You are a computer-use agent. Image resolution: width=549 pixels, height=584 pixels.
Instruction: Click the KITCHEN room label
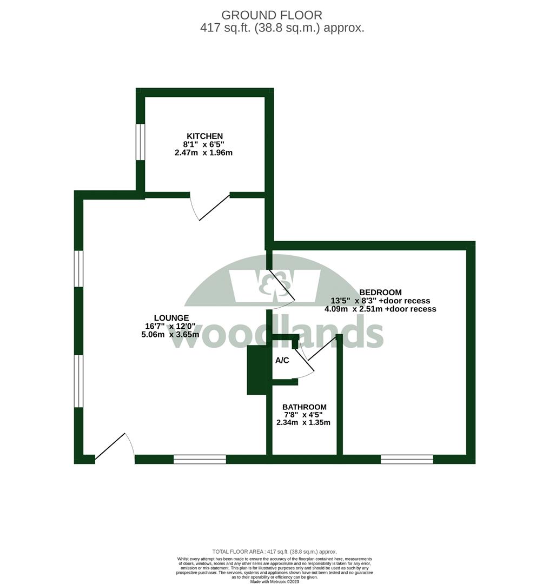(x=204, y=136)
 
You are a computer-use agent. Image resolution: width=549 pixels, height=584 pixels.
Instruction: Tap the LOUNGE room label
(x=171, y=318)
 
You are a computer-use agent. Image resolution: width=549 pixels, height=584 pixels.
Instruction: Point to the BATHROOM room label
(x=304, y=407)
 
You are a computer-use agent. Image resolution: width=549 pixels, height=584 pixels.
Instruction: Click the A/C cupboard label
(x=282, y=360)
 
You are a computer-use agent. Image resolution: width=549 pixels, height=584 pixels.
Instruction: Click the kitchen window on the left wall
(x=140, y=142)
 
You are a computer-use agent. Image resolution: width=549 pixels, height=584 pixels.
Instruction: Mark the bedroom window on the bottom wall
(x=407, y=460)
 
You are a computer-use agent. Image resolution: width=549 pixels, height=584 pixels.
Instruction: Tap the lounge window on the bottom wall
(x=200, y=460)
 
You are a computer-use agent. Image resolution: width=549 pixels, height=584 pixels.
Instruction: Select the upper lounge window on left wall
(x=79, y=268)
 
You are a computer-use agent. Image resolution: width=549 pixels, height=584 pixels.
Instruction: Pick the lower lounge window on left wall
(x=79, y=381)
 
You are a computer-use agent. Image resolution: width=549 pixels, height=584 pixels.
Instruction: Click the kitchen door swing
(x=211, y=208)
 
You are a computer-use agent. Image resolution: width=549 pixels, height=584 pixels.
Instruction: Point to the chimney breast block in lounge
(x=257, y=370)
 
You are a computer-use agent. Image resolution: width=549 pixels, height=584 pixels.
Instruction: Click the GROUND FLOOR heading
(x=272, y=15)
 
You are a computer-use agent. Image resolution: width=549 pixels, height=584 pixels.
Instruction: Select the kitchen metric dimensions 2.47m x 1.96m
(x=203, y=153)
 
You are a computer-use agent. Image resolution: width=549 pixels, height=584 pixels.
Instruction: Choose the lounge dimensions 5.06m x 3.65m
(x=170, y=335)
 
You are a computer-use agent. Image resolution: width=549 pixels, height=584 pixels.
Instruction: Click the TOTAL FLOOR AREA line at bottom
(x=274, y=551)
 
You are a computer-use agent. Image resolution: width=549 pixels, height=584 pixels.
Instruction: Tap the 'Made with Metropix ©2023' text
(x=274, y=581)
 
